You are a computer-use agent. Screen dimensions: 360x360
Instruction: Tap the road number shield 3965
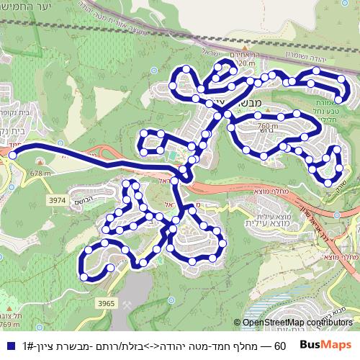click(107, 304)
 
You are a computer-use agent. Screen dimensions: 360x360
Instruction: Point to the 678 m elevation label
click(41, 173)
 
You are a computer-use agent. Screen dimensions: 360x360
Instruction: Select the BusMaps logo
click(325, 346)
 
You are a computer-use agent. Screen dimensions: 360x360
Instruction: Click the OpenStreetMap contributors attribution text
click(297, 323)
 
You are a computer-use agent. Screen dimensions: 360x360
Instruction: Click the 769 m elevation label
click(9, 325)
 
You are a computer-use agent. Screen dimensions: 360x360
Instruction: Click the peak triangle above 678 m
click(40, 165)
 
